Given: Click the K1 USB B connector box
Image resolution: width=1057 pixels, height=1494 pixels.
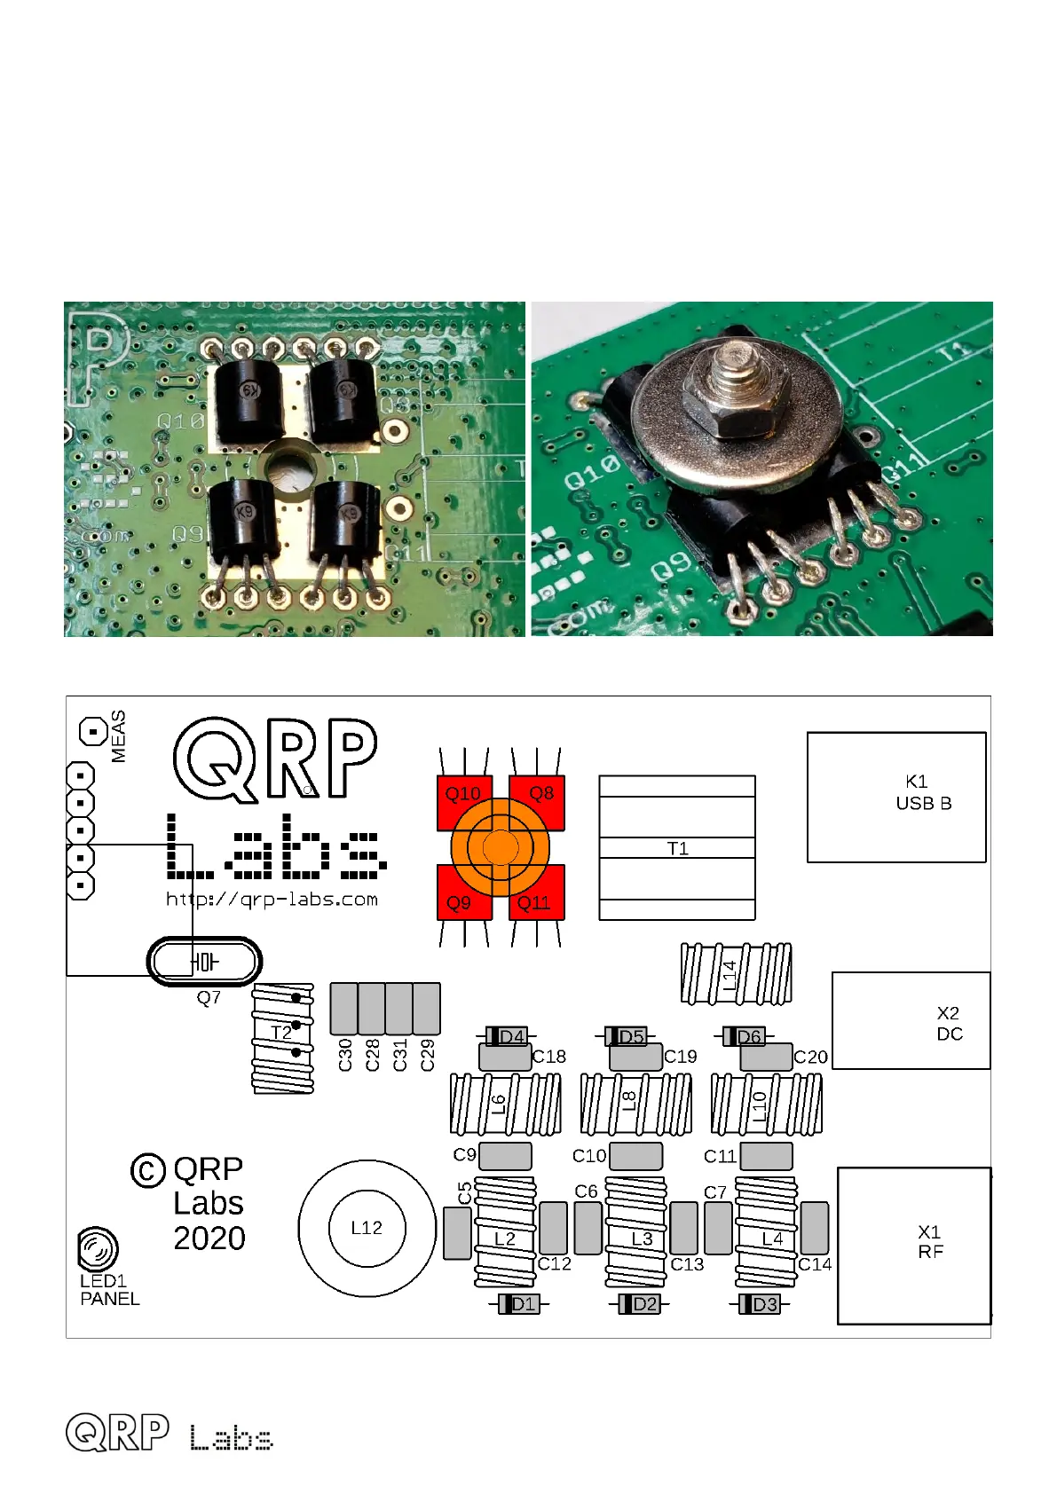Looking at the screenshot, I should pyautogui.click(x=896, y=797).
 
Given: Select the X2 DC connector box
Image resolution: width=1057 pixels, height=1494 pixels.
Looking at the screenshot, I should pyautogui.click(x=911, y=1020).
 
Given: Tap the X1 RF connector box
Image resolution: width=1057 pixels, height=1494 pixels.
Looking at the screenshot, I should pyautogui.click(x=914, y=1245).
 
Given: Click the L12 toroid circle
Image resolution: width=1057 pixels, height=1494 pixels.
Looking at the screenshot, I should pyautogui.click(x=367, y=1228).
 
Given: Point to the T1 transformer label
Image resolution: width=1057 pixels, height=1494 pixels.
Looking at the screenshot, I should pyautogui.click(x=677, y=848).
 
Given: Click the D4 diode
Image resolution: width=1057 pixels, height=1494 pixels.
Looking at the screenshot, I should pyautogui.click(x=507, y=1036).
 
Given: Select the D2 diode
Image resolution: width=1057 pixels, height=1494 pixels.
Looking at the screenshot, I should pyautogui.click(x=639, y=1303).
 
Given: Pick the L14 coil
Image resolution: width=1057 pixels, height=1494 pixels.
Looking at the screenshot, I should pyautogui.click(x=736, y=974).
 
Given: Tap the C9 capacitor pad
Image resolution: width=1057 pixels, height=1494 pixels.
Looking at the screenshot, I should pyautogui.click(x=504, y=1155).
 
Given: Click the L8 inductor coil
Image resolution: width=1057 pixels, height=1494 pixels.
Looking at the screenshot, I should pyautogui.click(x=635, y=1104).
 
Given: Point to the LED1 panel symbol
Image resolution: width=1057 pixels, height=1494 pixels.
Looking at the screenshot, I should pyautogui.click(x=97, y=1250).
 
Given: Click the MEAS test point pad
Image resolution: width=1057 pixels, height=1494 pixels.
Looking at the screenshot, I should pyautogui.click(x=93, y=732).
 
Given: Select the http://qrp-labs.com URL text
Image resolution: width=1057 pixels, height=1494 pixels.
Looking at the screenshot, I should pyautogui.click(x=272, y=899).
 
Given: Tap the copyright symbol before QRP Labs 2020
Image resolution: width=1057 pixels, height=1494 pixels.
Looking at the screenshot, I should pyautogui.click(x=148, y=1170).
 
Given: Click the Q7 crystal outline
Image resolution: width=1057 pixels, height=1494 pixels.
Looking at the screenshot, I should pyautogui.click(x=204, y=961).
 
